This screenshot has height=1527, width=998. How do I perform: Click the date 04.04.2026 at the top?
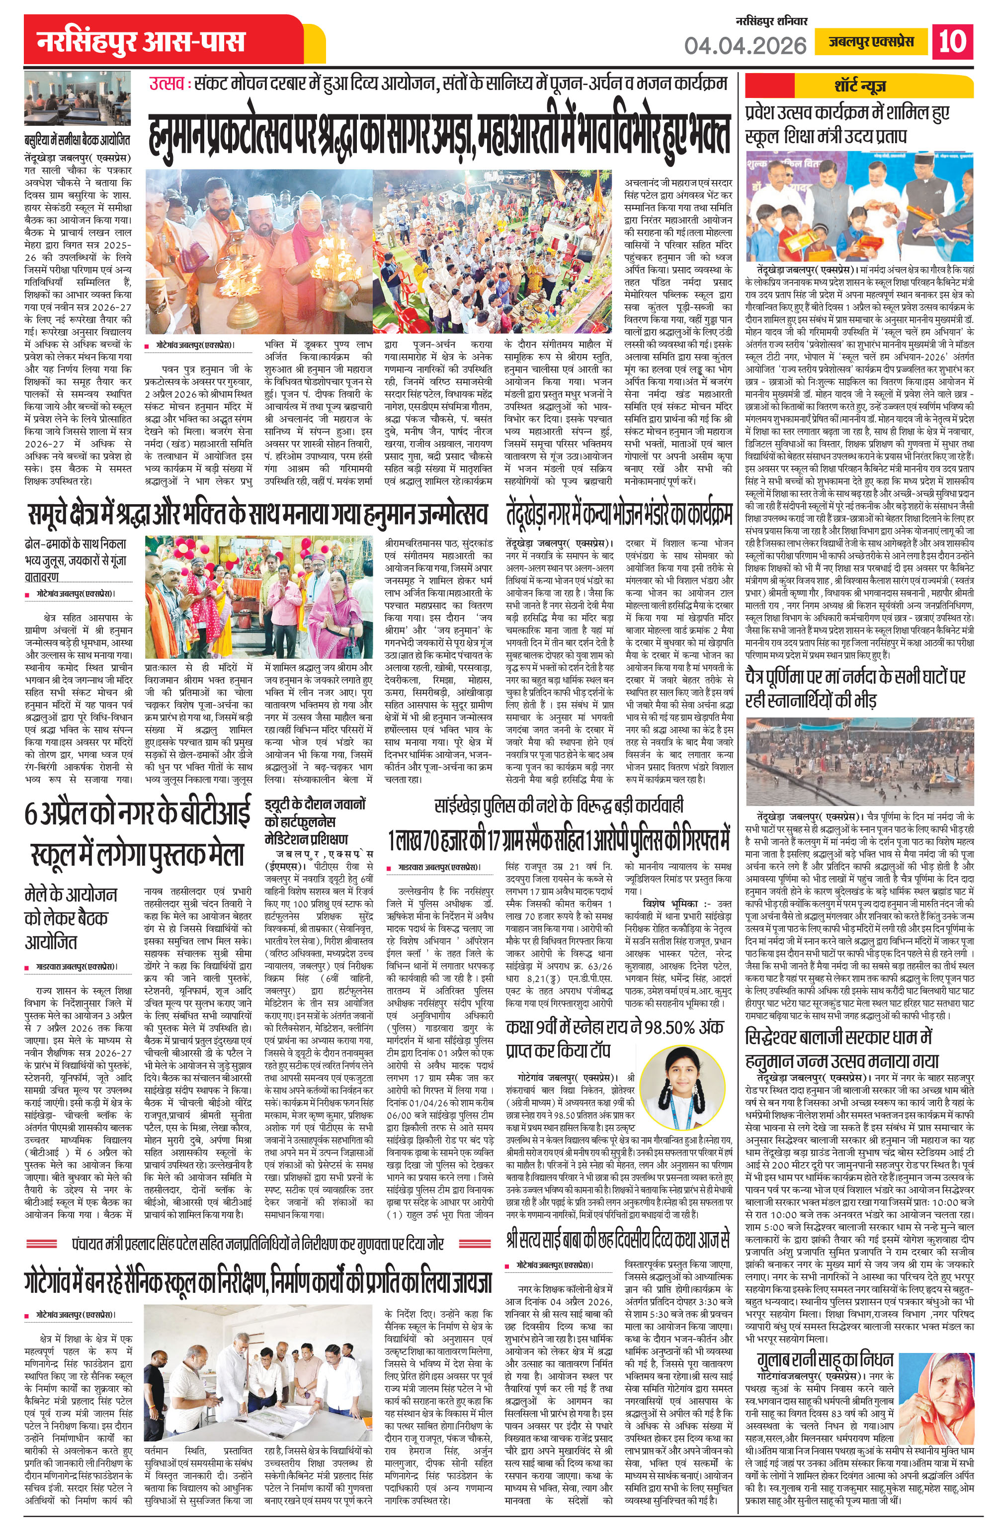tap(745, 45)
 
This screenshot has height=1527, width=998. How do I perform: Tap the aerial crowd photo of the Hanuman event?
tap(493, 251)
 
